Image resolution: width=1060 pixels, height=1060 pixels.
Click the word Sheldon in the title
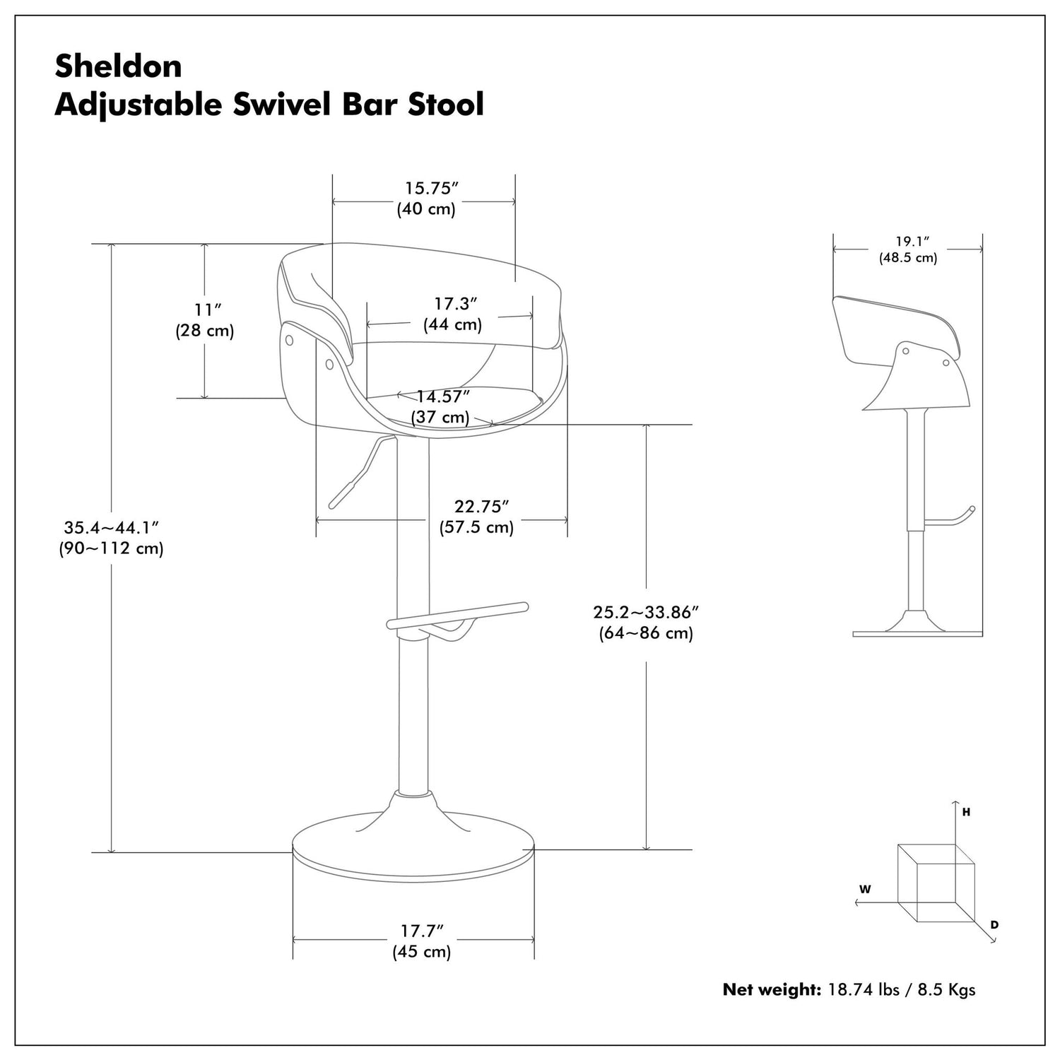118,66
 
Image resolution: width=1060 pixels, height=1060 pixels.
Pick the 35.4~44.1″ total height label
111,528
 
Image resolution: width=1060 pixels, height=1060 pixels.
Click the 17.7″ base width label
422,931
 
